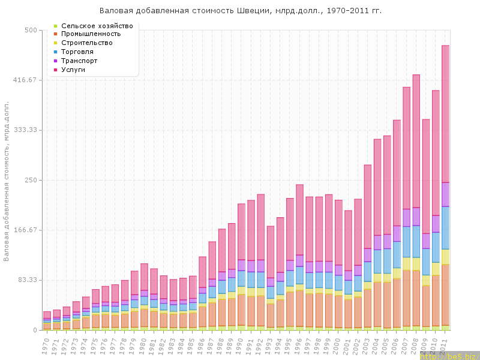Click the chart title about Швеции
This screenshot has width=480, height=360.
click(240, 11)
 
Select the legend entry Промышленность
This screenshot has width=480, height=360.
click(91, 34)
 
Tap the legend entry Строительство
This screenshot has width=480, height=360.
click(87, 43)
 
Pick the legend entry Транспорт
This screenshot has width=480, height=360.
click(82, 61)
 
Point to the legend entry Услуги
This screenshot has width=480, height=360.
click(73, 70)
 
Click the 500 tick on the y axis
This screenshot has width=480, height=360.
click(29, 30)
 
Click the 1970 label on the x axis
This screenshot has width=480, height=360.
click(46, 345)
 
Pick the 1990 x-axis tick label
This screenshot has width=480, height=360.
click(240, 345)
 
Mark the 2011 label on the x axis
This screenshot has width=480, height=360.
click(445, 345)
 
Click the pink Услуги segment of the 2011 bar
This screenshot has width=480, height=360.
click(446, 114)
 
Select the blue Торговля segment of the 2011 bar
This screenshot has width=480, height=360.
click(446, 227)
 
